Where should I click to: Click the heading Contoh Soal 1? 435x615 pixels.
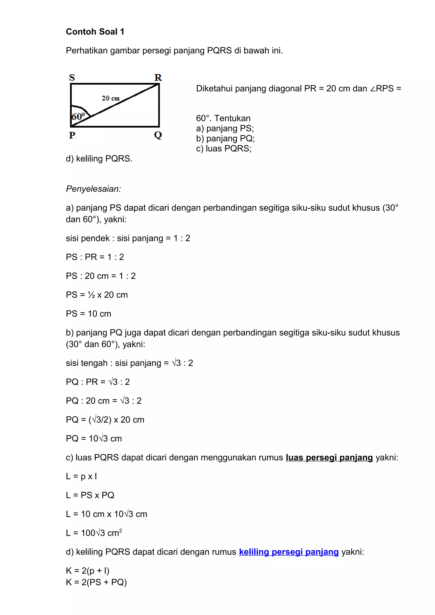tap(95, 32)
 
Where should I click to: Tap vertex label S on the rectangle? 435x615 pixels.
tap(72, 77)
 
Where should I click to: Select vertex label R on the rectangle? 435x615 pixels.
tap(158, 77)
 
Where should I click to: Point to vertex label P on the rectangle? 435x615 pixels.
tap(72, 135)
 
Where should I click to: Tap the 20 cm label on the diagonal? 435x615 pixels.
tap(110, 98)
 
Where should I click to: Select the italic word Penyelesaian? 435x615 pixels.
tap(93, 189)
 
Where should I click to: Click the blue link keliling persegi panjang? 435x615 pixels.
tap(289, 552)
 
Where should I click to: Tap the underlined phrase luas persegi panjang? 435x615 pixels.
tap(329, 457)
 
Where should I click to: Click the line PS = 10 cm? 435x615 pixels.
tap(88, 314)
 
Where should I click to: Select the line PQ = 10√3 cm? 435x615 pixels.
tap(94, 438)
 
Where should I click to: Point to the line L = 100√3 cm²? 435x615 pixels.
tap(94, 533)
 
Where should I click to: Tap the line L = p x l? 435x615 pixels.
tap(81, 476)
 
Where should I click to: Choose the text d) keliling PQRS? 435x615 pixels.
tap(99, 159)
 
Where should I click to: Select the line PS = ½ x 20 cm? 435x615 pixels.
tap(97, 295)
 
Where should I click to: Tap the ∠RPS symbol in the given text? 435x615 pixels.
tap(382, 88)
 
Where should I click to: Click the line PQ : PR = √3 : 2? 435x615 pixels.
tap(98, 382)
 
